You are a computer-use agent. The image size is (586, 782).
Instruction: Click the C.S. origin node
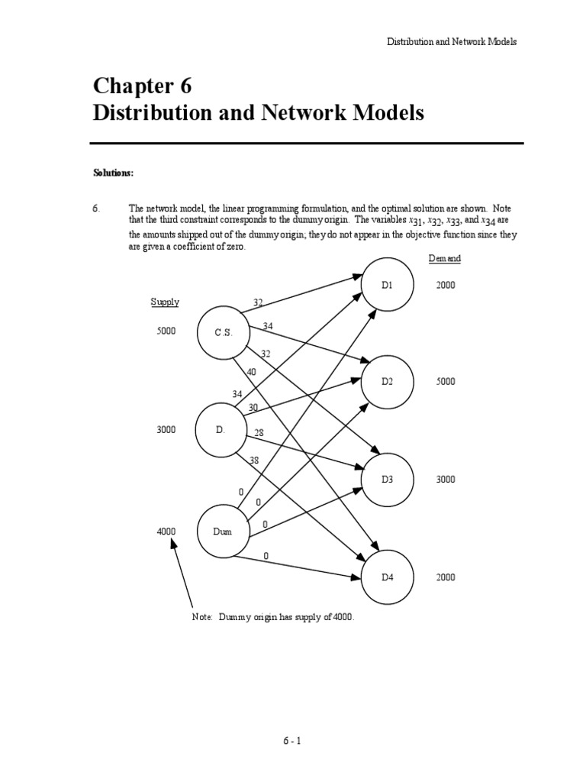pos(224,332)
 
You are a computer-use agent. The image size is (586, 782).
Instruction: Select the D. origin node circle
pos(221,430)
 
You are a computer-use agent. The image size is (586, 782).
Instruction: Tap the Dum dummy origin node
pos(224,531)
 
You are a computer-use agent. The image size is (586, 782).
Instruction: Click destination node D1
pos(387,285)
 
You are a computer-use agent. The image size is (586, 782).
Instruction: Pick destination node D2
pos(387,381)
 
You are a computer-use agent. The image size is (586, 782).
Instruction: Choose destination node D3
pos(387,479)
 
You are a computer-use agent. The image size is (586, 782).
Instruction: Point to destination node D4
pos(387,577)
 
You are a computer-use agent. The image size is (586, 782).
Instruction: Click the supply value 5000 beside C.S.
pos(166,331)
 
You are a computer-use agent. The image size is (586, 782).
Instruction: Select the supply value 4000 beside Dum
pos(166,531)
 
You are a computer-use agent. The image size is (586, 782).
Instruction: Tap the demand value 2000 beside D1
pos(446,285)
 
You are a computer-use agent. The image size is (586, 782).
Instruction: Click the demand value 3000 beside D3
pos(446,479)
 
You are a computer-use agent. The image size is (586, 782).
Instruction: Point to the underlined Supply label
pos(165,302)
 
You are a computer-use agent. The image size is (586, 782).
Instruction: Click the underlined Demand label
pos(444,259)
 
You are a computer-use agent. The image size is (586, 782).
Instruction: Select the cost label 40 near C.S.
pos(251,372)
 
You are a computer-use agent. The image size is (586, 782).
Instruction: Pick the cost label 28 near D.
pos(259,432)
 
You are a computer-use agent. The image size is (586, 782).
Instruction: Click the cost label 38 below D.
pos(254,460)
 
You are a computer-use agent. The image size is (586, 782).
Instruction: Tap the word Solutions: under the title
pos(113,173)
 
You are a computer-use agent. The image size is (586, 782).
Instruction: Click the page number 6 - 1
pos(292,740)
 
